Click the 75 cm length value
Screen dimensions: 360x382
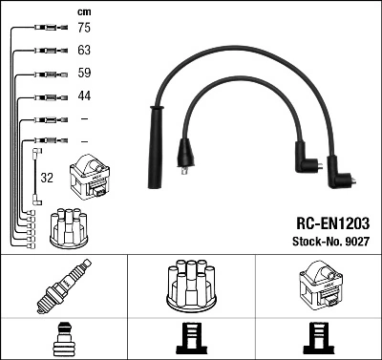point(83,29)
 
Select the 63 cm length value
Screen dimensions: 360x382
point(83,51)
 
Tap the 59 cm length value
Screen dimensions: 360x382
point(83,73)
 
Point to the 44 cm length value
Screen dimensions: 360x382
point(83,95)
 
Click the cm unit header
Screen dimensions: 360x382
point(83,11)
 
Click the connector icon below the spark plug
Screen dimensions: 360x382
point(64,339)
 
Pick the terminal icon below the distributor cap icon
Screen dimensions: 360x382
point(191,339)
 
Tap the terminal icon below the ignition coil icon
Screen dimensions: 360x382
point(318,339)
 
